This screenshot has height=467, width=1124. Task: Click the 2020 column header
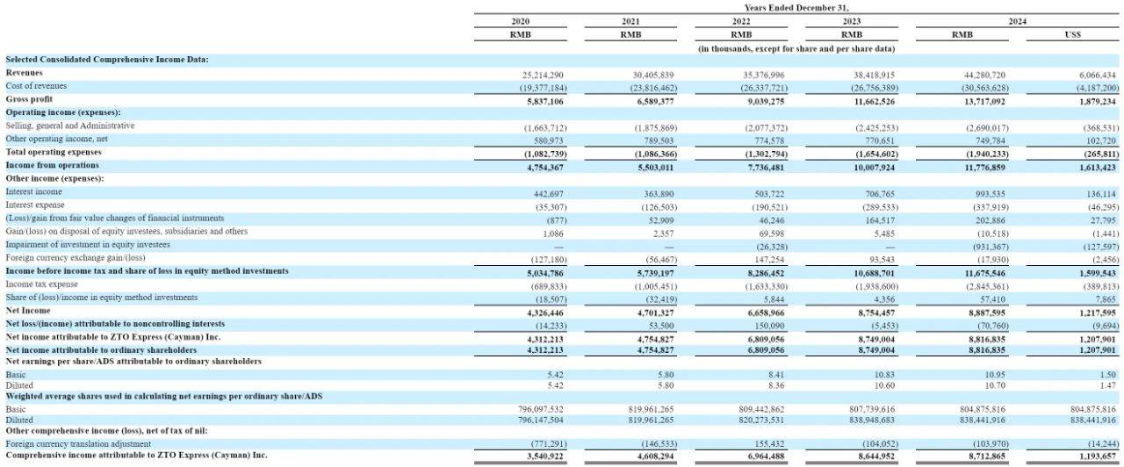(521, 21)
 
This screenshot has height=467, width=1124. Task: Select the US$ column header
(1072, 34)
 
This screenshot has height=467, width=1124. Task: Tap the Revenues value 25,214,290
(543, 75)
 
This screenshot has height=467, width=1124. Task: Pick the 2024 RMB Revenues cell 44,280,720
(984, 75)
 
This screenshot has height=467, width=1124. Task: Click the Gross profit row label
(29, 99)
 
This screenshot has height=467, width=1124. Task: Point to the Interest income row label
(33, 191)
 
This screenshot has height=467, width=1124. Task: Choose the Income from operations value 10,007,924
(874, 168)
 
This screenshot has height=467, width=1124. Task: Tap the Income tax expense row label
(41, 284)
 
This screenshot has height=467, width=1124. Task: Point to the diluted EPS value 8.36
(775, 385)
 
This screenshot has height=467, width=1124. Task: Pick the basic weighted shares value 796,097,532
(540, 409)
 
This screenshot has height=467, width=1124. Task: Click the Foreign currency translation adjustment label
(78, 444)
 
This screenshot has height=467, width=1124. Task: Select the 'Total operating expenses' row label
(54, 152)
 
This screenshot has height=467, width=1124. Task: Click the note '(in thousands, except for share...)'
(796, 48)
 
